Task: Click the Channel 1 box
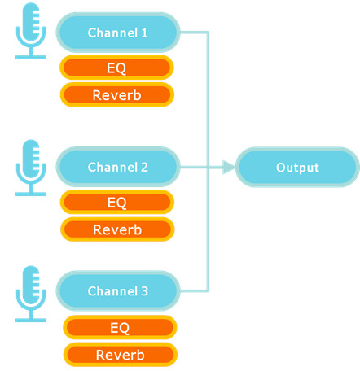tap(118, 33)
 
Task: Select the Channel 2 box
tap(118, 167)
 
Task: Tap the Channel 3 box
tap(118, 290)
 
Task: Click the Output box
tap(297, 167)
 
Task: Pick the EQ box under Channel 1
tap(116, 68)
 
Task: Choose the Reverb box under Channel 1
tap(116, 95)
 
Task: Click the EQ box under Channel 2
tap(117, 202)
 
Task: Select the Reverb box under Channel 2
tap(117, 229)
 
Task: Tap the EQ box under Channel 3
tap(120, 327)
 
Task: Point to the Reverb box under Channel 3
tap(121, 355)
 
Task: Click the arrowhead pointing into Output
tap(229, 167)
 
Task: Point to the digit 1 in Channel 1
tap(144, 33)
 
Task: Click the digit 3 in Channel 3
tap(144, 291)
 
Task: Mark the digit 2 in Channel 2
tap(144, 168)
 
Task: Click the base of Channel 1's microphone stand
tap(31, 57)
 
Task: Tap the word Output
tap(297, 168)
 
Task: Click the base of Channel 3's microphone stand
tap(31, 321)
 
